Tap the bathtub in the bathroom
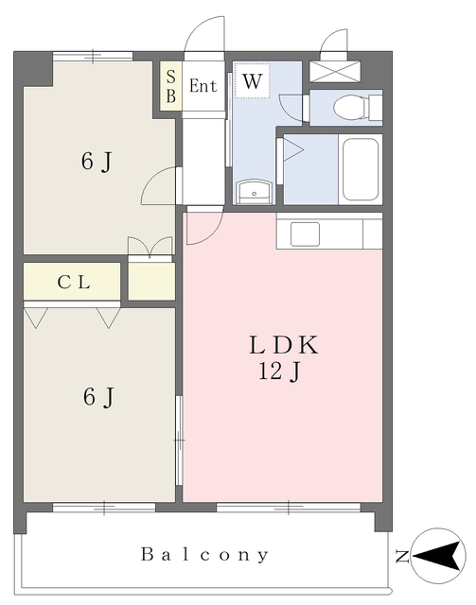(x=361, y=169)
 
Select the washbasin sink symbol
(x=255, y=192)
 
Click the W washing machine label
(x=253, y=81)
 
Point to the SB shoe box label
(x=170, y=86)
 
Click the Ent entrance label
(x=203, y=86)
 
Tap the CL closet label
(x=74, y=283)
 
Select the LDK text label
(x=284, y=345)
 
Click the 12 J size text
(x=279, y=372)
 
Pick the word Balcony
(x=204, y=555)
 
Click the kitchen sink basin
(x=305, y=233)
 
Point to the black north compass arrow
(x=439, y=556)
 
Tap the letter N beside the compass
(x=402, y=557)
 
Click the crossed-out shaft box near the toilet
(x=335, y=72)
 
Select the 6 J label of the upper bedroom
(x=97, y=161)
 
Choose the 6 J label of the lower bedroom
(x=99, y=396)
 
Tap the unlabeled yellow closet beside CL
(x=151, y=281)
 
